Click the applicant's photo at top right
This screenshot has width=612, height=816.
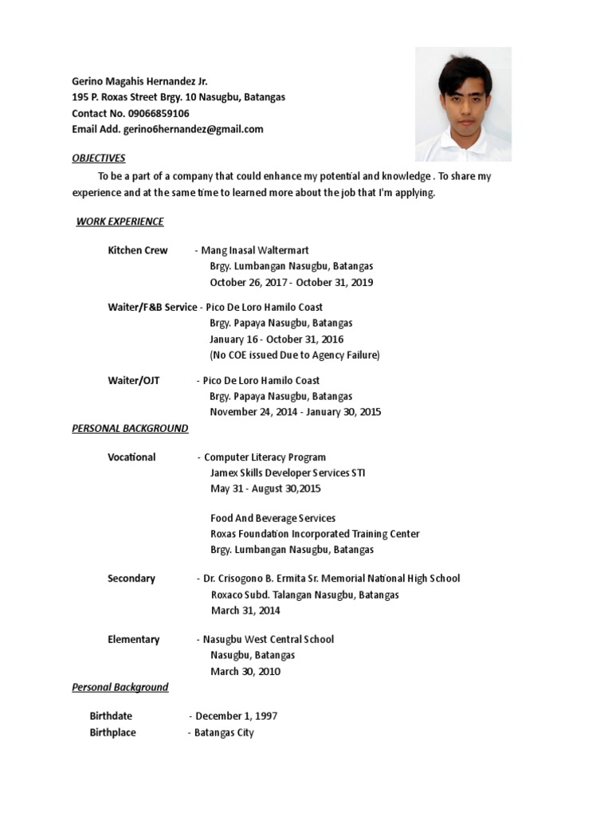click(x=463, y=104)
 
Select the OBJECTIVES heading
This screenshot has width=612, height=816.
click(x=99, y=158)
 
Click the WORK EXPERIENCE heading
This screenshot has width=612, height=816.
click(x=120, y=222)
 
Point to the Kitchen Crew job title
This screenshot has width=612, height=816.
click(x=138, y=250)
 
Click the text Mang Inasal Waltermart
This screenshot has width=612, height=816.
click(x=255, y=250)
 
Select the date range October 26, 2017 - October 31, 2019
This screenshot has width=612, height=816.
click(x=291, y=282)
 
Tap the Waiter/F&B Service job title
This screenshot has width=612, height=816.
click(x=152, y=307)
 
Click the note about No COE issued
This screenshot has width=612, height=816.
click(x=295, y=355)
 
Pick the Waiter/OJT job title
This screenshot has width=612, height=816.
click(x=134, y=380)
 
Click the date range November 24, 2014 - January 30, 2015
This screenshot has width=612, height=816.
click(x=296, y=412)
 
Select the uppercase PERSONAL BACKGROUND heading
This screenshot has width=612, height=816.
click(x=130, y=428)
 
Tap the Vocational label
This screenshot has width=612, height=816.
click(x=131, y=457)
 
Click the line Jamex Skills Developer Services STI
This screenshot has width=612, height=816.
click(x=288, y=473)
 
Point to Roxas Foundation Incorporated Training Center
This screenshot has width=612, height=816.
click(x=315, y=534)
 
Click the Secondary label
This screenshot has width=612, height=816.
click(x=131, y=579)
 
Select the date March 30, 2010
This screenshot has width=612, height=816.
click(x=245, y=671)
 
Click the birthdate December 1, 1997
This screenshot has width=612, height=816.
click(x=237, y=716)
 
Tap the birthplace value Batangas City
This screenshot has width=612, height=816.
click(x=224, y=732)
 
